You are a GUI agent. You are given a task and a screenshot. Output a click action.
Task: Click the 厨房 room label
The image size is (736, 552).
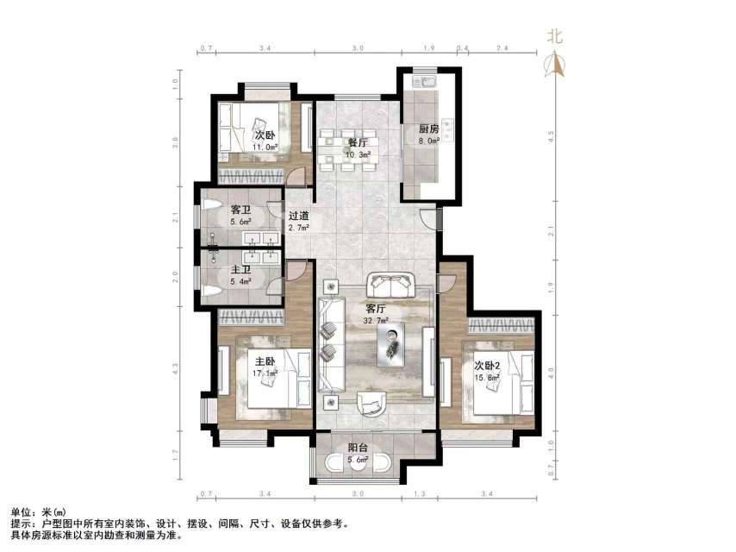pos(428,129)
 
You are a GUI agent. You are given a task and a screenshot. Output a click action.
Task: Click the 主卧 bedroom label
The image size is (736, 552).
pos(265,361)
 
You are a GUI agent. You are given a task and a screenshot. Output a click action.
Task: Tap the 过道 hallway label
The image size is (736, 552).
pos(298,216)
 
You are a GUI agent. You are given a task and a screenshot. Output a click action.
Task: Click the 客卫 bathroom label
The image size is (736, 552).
pos(241,210)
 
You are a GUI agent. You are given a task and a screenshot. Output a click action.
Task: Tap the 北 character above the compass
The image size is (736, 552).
pos(556,36)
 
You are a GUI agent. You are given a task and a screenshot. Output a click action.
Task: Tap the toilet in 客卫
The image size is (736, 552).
pos(209,208)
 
